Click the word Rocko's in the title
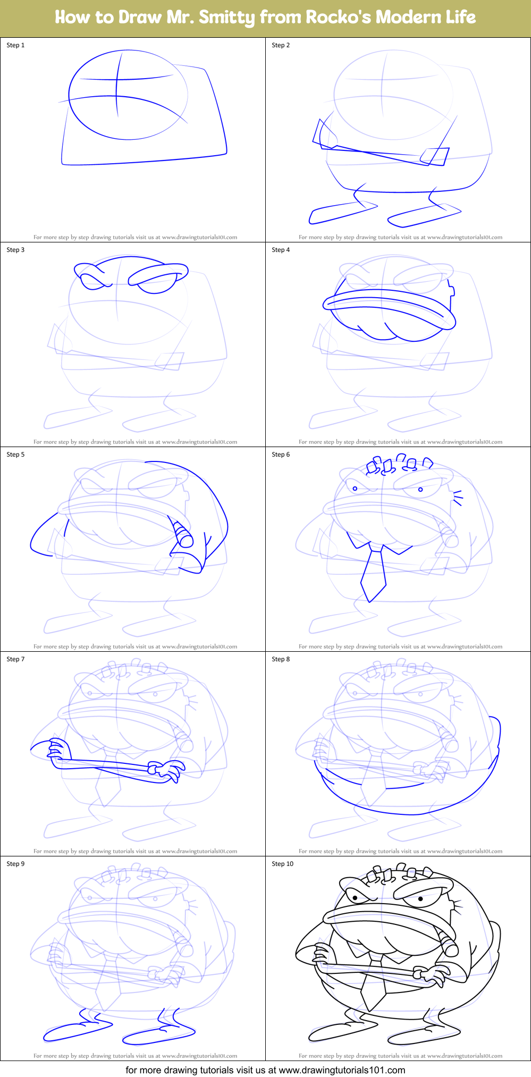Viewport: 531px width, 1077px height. (338, 18)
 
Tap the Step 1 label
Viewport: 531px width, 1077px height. (15, 45)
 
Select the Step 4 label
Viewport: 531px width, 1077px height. (281, 250)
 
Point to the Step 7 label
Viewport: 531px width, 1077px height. (15, 659)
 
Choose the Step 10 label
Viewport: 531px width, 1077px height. (282, 864)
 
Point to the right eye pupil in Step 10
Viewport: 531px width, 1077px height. (421, 899)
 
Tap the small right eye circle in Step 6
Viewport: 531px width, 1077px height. (420, 489)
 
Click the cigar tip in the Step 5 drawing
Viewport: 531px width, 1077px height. (186, 540)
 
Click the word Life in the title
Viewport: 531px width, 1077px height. (460, 18)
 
